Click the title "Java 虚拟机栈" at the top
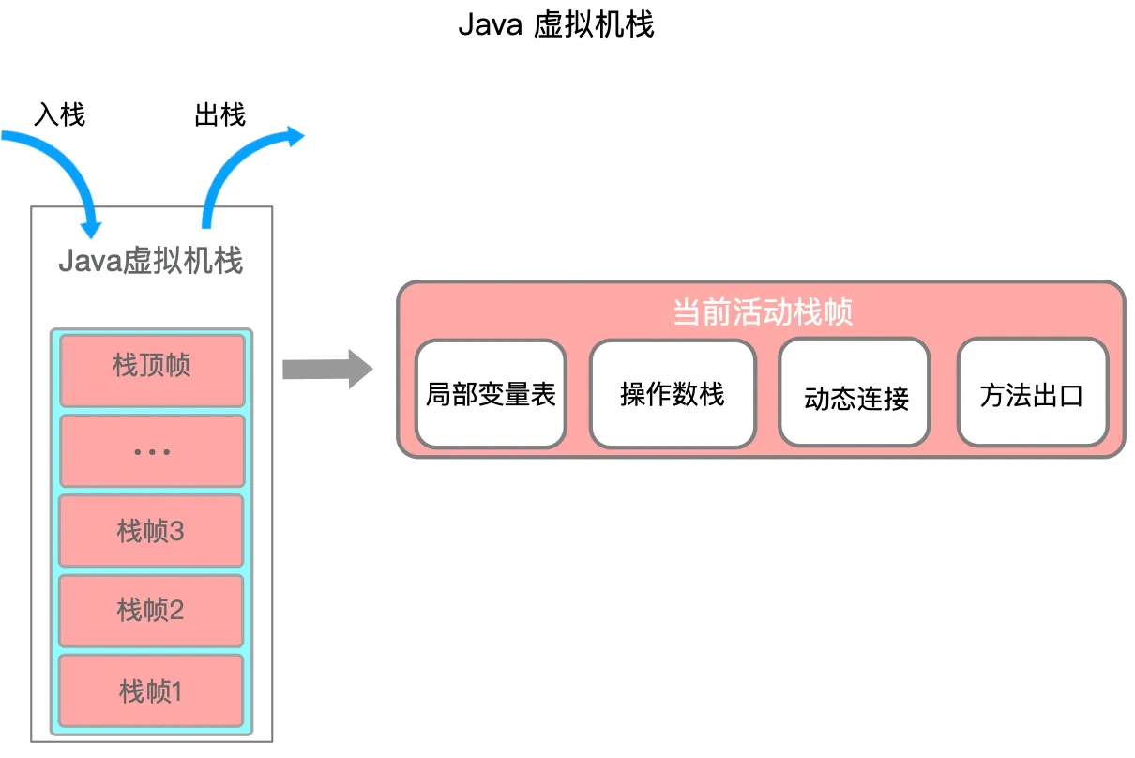[x=555, y=25]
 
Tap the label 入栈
[x=59, y=114]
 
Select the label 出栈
[x=219, y=114]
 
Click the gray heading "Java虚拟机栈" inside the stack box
[x=151, y=260]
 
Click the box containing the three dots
[x=152, y=451]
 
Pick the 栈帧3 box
[x=152, y=531]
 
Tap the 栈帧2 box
[x=152, y=611]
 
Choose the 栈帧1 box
[x=152, y=691]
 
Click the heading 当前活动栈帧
[x=762, y=311]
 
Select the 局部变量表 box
[x=491, y=394]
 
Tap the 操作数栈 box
[x=673, y=394]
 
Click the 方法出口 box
[x=1032, y=394]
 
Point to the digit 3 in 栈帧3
[x=176, y=532]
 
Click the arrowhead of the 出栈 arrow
[x=294, y=137]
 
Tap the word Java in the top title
[x=490, y=25]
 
